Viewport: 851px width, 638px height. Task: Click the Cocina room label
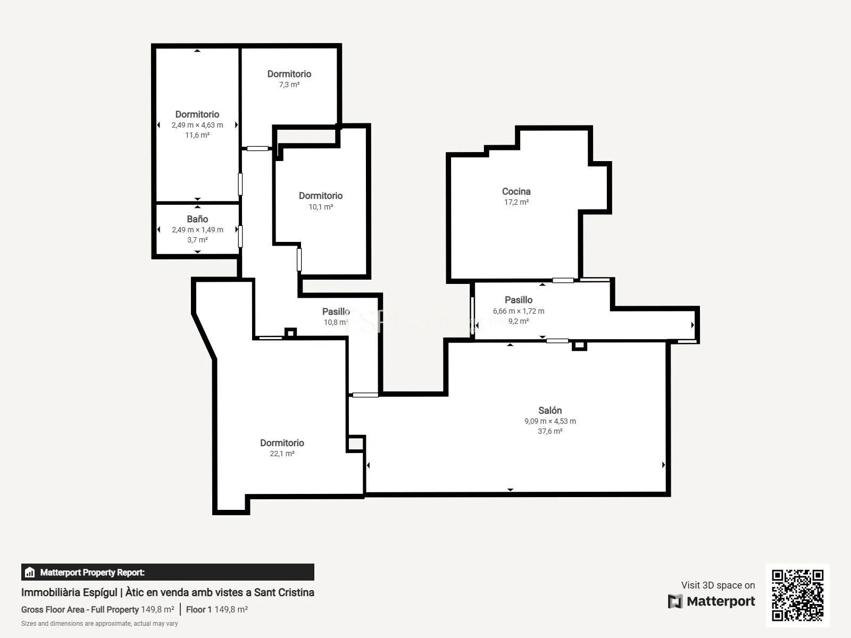click(516, 191)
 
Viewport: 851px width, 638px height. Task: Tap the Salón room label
click(550, 410)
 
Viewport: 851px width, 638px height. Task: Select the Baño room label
click(197, 219)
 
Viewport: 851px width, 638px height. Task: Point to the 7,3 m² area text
click(289, 85)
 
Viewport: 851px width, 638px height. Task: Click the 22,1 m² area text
click(282, 453)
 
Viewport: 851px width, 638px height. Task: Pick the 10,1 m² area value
click(321, 206)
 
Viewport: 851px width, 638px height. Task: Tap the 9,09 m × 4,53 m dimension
click(550, 421)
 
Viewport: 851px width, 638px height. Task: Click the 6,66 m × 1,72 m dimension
click(519, 311)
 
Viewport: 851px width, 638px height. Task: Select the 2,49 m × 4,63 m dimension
click(197, 125)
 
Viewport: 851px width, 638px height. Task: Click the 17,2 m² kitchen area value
click(516, 202)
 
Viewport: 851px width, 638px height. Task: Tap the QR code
click(797, 595)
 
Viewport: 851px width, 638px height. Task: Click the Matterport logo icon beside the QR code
click(675, 601)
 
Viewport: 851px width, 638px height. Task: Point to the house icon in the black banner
click(29, 572)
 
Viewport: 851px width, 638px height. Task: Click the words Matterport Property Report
click(92, 572)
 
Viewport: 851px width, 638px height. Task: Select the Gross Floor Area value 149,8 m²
click(157, 609)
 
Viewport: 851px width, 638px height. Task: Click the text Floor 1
click(198, 609)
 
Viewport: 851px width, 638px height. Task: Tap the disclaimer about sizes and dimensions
click(99, 624)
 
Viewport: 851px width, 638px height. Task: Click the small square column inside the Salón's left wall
click(355, 443)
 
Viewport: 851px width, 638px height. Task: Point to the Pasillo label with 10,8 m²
click(336, 312)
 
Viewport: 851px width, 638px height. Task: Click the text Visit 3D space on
click(717, 585)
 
